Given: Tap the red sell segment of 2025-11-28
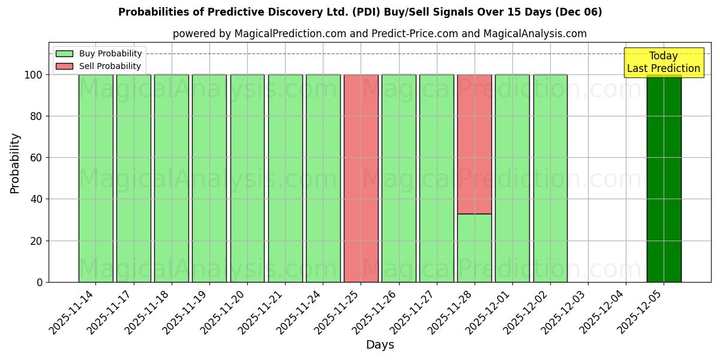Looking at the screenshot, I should tap(475, 144).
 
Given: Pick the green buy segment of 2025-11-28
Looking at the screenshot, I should tap(475, 248).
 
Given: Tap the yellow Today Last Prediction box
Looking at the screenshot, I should tap(664, 62).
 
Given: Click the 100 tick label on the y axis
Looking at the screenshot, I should tap(33, 75).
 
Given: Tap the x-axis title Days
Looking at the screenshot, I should tap(380, 345).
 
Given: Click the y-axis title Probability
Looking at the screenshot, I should tap(15, 163).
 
